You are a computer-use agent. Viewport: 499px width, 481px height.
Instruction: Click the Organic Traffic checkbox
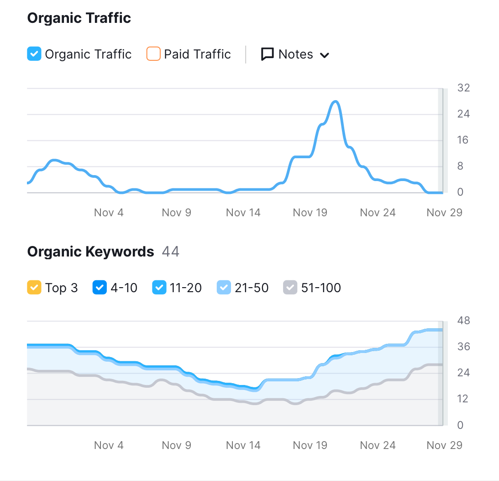34,53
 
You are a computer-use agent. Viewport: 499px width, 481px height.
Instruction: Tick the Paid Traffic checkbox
153,53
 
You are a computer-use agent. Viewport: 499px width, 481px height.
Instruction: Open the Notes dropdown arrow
324,55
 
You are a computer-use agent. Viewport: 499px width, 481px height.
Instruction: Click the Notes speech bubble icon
268,54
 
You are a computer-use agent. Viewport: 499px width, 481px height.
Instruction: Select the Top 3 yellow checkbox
34,287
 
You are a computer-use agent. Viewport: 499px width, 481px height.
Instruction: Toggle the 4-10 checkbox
100,287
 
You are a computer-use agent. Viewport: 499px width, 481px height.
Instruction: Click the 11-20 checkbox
159,287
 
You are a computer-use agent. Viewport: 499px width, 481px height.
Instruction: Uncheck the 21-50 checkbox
224,287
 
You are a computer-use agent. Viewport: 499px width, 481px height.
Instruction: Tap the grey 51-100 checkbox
290,287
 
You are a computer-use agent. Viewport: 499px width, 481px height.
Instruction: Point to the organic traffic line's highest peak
336,102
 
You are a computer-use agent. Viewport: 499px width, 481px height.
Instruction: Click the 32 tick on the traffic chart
463,88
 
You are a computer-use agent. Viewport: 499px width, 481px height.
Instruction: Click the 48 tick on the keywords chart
463,321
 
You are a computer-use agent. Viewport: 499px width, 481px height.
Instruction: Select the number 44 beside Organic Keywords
171,251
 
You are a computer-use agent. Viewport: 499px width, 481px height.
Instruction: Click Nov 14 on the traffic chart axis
243,213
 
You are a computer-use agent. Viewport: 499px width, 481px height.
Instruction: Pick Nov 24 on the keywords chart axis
378,445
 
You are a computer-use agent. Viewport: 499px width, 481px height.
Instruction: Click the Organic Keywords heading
91,252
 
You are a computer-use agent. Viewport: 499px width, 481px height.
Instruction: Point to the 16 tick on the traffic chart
463,140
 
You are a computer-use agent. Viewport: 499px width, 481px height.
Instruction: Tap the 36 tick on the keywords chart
463,347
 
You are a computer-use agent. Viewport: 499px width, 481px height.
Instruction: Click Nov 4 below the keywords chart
109,445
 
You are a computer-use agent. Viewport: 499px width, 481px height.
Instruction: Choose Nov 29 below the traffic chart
444,213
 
